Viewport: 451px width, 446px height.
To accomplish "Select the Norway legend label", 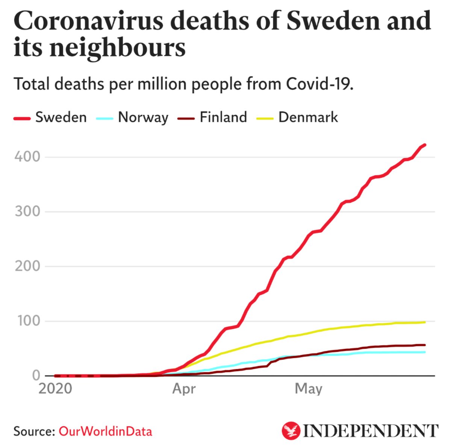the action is (143, 118).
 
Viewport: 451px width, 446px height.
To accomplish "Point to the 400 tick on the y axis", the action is (27, 157).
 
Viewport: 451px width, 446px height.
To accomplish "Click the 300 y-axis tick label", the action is (27, 211).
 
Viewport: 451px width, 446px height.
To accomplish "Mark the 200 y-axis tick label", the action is (27, 266).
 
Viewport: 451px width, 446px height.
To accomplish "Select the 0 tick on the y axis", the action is (36, 375).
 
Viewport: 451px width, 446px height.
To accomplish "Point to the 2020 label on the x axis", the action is (55, 389).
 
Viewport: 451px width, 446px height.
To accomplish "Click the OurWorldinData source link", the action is (105, 431).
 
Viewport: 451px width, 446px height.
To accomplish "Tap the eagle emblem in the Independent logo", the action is (291, 431).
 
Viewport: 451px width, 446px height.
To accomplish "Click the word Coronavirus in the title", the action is (89, 21).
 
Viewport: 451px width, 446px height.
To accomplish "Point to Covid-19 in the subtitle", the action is (319, 84).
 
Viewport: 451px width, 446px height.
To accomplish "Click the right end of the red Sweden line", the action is (425, 145).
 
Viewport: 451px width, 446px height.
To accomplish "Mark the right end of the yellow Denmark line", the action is (425, 322).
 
